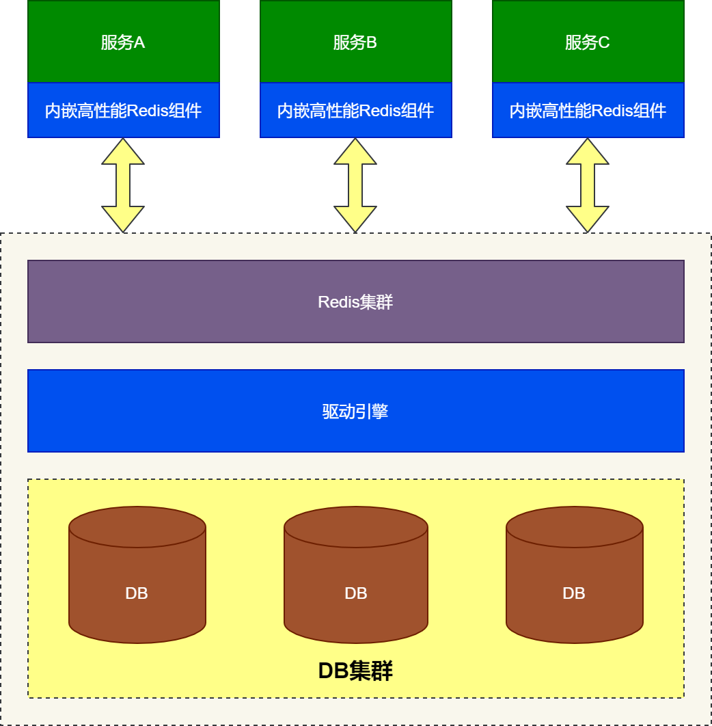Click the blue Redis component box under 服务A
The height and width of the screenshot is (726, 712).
123,110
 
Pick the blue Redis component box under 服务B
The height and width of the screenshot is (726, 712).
355,110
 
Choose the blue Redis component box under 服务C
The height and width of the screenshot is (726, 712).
588,110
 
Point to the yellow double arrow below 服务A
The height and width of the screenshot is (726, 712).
123,185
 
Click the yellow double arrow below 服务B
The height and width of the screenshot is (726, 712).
355,185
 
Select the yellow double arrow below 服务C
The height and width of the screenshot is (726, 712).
588,185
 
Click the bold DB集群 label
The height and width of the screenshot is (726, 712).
355,671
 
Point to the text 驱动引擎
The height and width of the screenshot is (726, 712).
355,412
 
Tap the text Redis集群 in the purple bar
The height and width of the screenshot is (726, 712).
355,302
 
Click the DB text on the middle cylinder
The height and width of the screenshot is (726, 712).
355,593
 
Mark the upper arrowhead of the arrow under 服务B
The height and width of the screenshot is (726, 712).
355,152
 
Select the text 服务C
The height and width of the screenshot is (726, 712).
588,43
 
